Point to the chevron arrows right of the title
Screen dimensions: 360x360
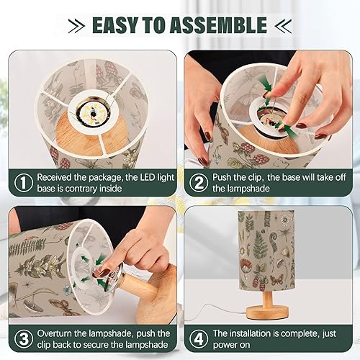tap(284, 25)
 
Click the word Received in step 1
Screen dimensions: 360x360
tap(56, 175)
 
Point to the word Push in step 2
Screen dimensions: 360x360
tap(225, 175)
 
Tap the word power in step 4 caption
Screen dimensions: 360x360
tap(228, 346)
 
